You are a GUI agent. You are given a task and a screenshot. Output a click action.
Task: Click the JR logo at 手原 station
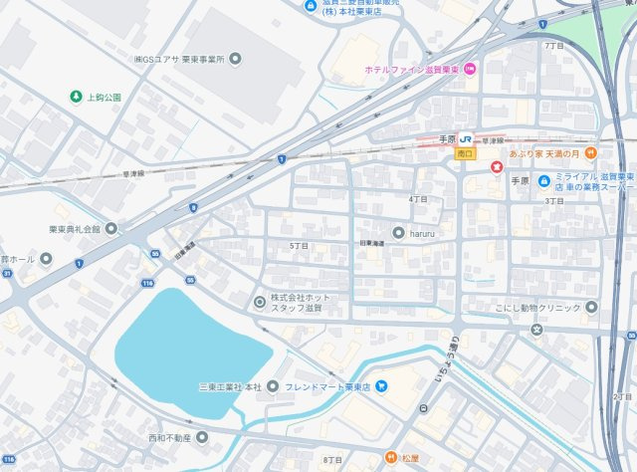tap(465, 140)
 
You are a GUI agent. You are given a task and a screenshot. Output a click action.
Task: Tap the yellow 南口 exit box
tap(464, 154)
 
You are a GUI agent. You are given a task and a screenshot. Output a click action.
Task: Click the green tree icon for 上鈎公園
tap(75, 97)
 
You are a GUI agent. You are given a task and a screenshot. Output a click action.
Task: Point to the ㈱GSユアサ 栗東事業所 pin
tap(235, 59)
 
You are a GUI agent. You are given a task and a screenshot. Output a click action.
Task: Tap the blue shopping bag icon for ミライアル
tap(543, 180)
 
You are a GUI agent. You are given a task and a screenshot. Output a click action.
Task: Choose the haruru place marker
tap(398, 232)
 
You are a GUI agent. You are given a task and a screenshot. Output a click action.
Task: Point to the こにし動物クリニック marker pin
tap(591, 307)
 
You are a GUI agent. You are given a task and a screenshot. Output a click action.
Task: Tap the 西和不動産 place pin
tap(200, 437)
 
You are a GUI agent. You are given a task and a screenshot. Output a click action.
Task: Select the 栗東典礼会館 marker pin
tap(111, 228)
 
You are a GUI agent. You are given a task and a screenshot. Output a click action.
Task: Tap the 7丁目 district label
tap(554, 46)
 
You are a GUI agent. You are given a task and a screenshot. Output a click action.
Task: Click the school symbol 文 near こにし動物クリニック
tap(536, 329)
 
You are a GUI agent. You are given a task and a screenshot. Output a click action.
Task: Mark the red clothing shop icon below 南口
tap(497, 168)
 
